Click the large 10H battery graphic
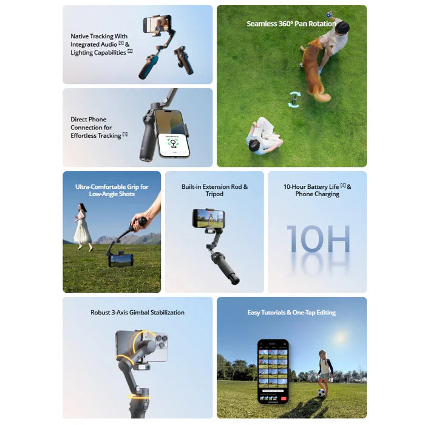pos(318,239)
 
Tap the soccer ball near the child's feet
pos(321,393)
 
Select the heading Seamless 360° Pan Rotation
pos(291,24)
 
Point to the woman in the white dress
pos(83,225)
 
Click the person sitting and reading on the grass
pos(265,136)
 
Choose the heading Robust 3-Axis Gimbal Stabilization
pos(137,313)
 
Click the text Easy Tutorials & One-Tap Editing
pos(291,313)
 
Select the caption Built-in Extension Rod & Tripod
pos(214,191)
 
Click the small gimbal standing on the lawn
pos(294,98)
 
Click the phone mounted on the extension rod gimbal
pos(208,219)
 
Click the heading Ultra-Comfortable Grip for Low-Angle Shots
pos(112,191)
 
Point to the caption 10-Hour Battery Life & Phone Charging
pos(317,191)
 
